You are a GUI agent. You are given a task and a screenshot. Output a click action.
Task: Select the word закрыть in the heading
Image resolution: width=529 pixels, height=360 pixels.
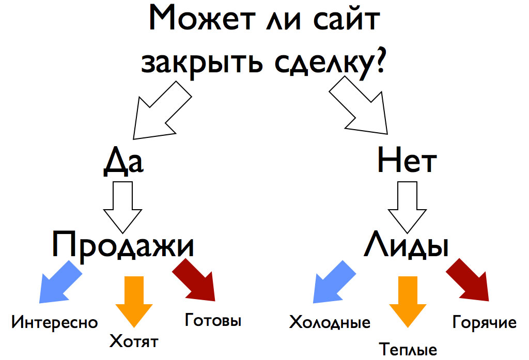pos(202,63)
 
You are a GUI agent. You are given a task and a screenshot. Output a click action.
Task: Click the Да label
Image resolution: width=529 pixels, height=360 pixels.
pos(123,161)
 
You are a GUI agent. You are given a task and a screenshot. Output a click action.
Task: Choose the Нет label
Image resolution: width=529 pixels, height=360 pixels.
pos(407,160)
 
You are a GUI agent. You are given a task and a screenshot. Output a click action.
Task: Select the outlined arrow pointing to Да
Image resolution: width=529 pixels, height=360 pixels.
pos(161,112)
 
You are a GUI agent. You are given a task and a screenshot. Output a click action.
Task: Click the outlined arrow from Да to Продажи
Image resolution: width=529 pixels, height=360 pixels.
pos(122,207)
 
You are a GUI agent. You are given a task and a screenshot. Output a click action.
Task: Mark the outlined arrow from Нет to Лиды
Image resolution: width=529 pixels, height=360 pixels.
pos(407,207)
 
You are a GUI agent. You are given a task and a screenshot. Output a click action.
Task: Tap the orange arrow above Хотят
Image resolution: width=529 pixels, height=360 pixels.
pos(134,301)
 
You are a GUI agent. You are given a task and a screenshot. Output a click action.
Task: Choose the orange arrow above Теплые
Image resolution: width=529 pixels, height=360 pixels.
pos(408,301)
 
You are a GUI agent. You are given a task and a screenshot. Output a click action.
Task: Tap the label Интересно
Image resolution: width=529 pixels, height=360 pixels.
pos(55,322)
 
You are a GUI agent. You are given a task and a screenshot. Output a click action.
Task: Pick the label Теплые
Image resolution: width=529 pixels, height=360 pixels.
pos(408,349)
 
